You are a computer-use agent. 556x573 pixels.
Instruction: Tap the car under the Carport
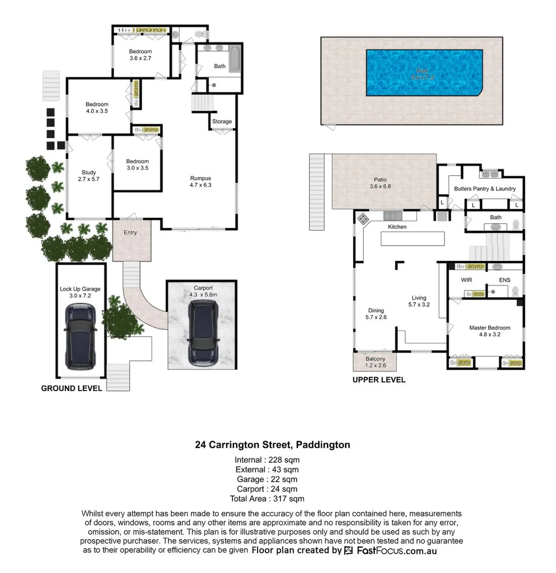pyautogui.click(x=202, y=333)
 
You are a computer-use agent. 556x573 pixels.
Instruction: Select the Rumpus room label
pyautogui.click(x=201, y=181)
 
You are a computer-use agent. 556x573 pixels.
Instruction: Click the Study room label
pyautogui.click(x=89, y=176)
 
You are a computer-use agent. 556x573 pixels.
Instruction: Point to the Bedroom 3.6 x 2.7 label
pyautogui.click(x=141, y=55)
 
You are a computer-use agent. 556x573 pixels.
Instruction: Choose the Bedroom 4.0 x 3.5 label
pyautogui.click(x=97, y=108)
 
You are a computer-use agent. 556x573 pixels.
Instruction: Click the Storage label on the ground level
pyautogui.click(x=222, y=121)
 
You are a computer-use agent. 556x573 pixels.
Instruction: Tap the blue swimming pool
pyautogui.click(x=423, y=73)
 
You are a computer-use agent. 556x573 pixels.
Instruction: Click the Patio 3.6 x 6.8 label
pyautogui.click(x=380, y=183)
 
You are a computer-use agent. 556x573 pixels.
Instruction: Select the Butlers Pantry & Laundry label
pyautogui.click(x=484, y=189)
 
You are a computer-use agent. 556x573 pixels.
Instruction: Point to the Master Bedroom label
pyautogui.click(x=489, y=331)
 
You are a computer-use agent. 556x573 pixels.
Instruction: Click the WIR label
pyautogui.click(x=466, y=280)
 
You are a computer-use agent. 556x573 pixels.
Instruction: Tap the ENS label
pyautogui.click(x=504, y=280)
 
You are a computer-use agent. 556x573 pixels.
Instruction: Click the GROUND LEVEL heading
pyautogui.click(x=72, y=388)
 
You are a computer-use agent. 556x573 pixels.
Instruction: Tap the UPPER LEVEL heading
pyautogui.click(x=379, y=380)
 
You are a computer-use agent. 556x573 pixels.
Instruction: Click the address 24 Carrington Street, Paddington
pyautogui.click(x=272, y=445)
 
